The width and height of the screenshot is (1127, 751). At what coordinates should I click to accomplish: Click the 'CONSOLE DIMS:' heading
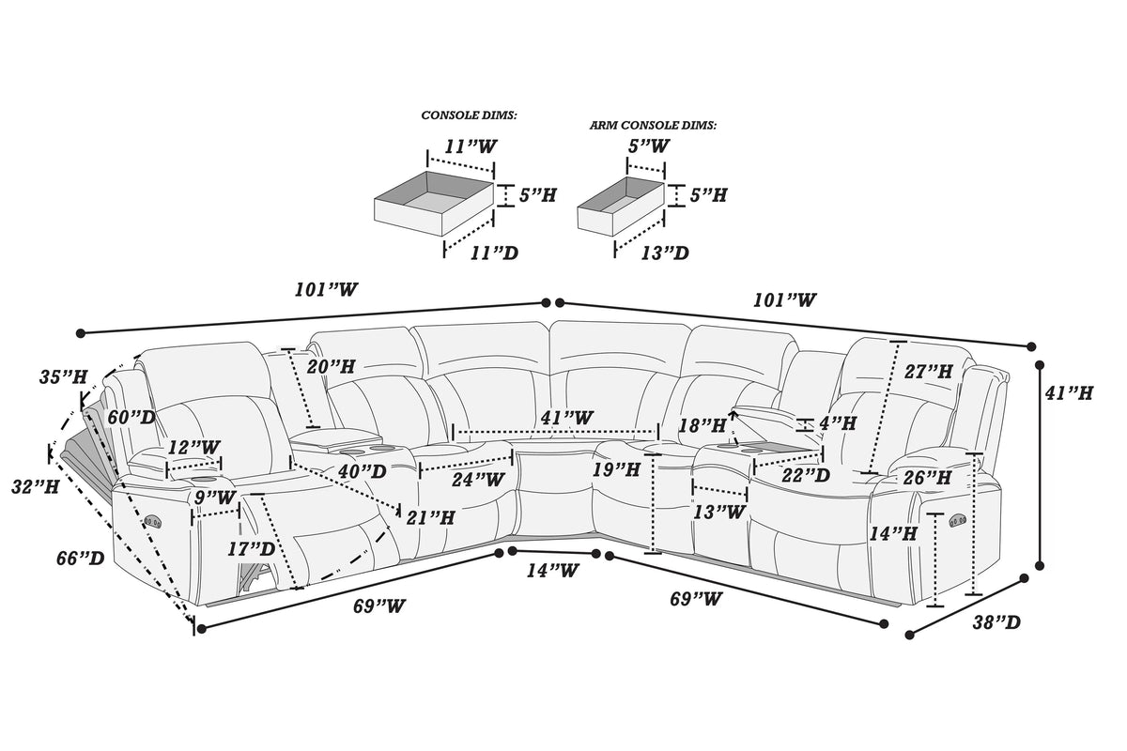(469, 115)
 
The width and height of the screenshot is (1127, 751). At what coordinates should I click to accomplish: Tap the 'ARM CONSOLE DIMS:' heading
(653, 125)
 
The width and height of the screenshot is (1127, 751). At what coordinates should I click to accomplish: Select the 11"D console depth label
(494, 253)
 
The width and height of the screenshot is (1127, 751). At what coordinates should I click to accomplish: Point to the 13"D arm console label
(665, 253)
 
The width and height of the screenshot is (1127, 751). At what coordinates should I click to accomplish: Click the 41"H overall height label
(1069, 392)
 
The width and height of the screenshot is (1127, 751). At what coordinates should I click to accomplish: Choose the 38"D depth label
(996, 622)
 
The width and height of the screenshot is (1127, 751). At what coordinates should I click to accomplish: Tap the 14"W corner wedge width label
(552, 571)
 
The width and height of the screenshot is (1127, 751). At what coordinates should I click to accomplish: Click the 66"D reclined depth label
(81, 558)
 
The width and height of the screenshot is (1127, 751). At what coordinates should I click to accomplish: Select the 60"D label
(131, 417)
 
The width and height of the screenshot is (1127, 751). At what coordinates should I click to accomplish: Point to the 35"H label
(64, 376)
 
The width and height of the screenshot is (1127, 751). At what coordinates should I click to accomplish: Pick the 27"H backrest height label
(929, 372)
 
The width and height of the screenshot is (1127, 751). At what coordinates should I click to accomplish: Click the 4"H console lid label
(838, 423)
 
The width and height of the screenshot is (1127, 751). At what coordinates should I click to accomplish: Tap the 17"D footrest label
(251, 549)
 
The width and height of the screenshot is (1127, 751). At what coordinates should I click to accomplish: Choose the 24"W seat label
(477, 480)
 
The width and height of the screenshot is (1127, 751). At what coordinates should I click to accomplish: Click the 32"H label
(36, 487)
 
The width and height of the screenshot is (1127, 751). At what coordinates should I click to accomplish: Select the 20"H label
(331, 367)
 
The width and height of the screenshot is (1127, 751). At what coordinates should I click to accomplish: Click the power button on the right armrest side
(957, 520)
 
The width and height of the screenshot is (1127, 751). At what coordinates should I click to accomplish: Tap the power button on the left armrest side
(152, 521)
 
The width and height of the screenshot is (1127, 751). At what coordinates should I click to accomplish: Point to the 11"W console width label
(471, 146)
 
